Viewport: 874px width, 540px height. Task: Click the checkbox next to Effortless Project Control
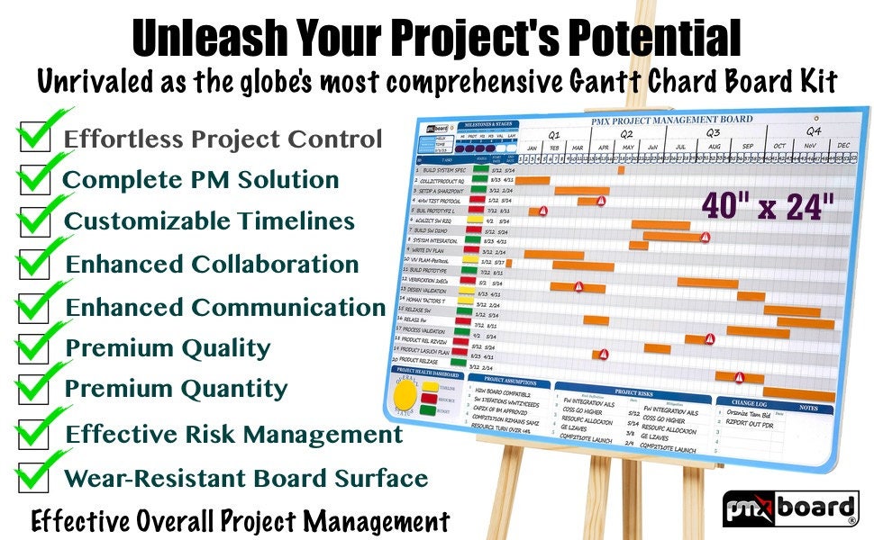coord(34,139)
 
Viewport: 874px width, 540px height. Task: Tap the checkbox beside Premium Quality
coord(34,347)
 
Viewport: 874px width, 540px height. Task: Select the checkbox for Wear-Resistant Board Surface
coord(34,477)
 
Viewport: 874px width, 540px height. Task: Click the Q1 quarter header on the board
coord(556,130)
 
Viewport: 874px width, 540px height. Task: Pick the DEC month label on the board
coord(843,144)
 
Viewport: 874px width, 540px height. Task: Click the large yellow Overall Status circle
coord(408,396)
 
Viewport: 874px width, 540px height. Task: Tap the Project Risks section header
coord(633,391)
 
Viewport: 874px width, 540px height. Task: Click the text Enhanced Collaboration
coord(213,265)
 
